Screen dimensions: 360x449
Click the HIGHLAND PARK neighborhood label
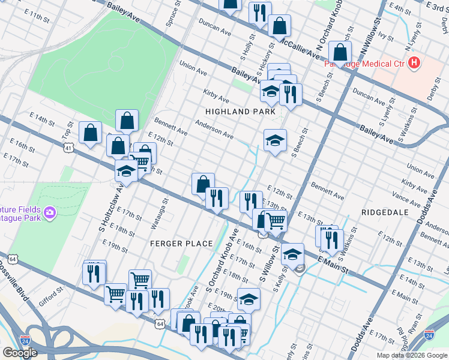click(240, 112)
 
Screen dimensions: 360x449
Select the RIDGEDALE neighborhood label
click(385, 212)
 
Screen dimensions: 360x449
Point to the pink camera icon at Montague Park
click(50, 212)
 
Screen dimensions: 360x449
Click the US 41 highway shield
click(70, 147)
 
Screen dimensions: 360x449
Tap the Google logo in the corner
click(20, 353)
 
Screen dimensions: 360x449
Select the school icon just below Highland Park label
click(275, 141)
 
